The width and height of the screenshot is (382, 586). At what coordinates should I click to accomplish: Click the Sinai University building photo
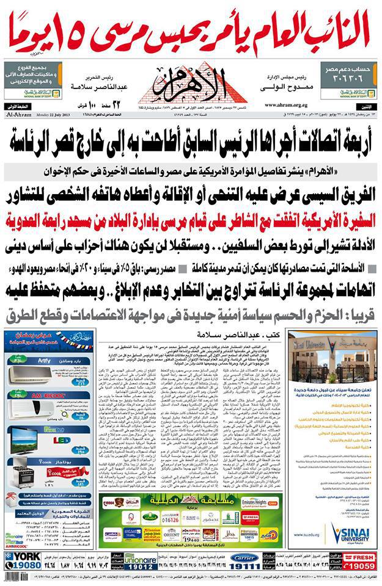[331, 358]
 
